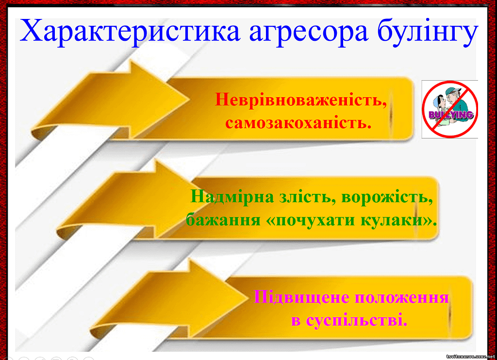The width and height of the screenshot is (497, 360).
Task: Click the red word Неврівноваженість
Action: point(301,100)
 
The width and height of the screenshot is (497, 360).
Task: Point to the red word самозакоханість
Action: point(298,123)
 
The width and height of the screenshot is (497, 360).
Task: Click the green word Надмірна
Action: point(232,197)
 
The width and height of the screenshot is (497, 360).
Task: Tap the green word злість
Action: point(307,197)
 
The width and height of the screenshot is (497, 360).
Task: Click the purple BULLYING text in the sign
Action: point(451,115)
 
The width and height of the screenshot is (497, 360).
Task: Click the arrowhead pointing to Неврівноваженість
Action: point(159,99)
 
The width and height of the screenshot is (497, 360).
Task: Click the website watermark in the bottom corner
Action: point(471,357)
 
